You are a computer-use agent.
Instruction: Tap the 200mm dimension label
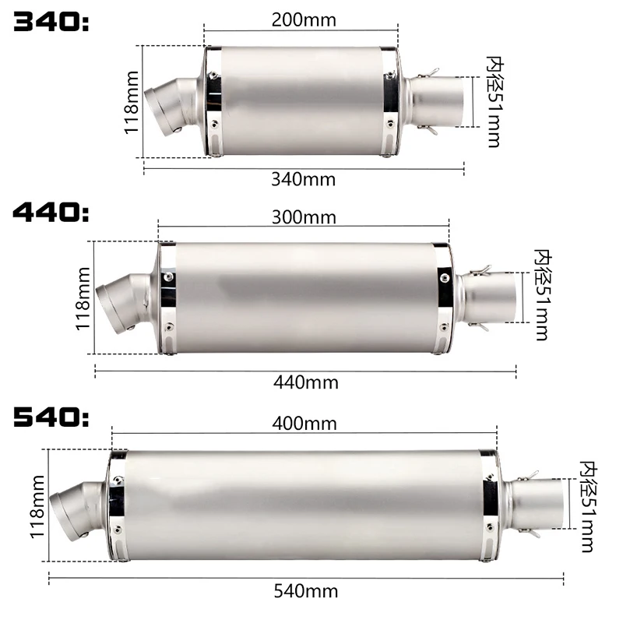point(304,19)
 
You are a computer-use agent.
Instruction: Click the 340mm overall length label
point(304,179)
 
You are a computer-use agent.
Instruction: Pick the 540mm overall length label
point(305,591)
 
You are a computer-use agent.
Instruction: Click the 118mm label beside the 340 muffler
point(132,101)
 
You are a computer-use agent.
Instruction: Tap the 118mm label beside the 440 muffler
point(83,298)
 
